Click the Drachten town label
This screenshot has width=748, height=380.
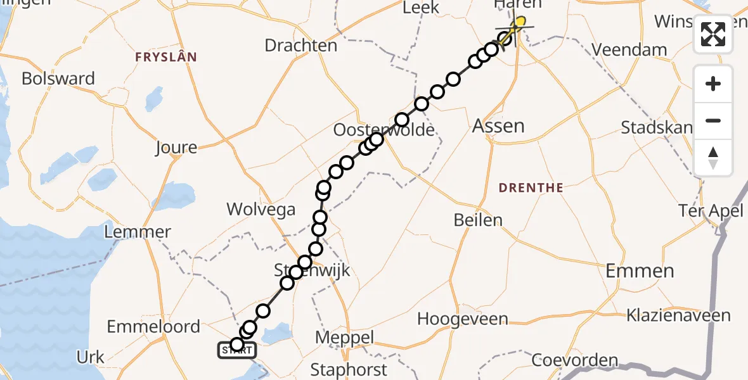300,46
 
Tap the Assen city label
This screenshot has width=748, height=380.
498,126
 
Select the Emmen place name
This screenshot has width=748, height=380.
640,272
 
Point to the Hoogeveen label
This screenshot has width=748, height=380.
463,319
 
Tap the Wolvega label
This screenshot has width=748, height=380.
261,210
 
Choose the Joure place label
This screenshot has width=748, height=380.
176,148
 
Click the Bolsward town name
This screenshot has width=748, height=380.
58,79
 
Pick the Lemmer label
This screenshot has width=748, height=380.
138,232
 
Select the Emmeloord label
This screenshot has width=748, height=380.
153,327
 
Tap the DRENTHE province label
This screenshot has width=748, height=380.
531,188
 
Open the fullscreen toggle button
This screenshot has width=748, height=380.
713,34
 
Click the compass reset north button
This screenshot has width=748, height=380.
713,158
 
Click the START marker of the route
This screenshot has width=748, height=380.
237,350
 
